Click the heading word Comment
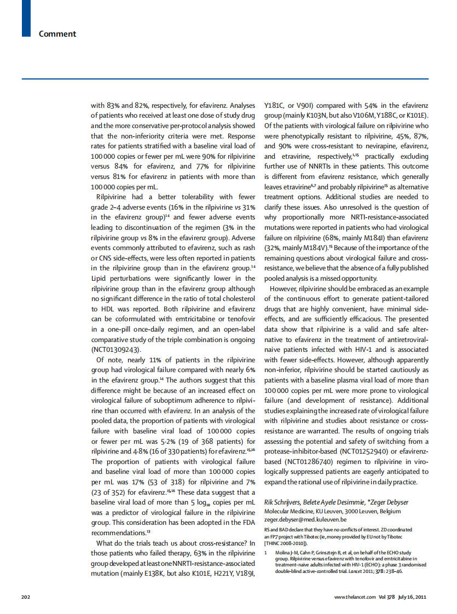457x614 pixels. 57,34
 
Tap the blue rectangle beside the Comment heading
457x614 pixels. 26,19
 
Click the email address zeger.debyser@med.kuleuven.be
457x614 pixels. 305,519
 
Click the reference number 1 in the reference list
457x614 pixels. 266,553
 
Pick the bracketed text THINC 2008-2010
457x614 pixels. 285,543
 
